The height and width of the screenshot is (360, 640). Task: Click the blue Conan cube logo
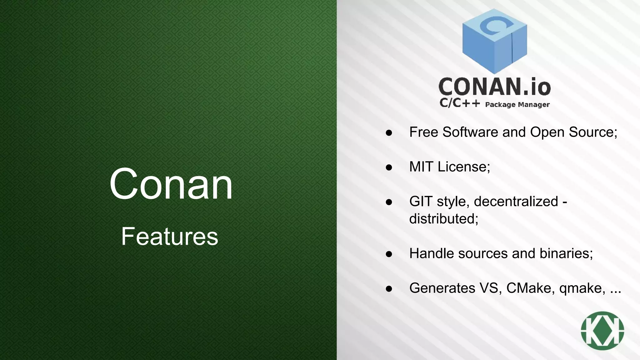coord(494,41)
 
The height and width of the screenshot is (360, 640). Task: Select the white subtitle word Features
coord(169,236)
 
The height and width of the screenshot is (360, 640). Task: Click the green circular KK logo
coord(602,331)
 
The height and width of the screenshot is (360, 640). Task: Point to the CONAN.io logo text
coord(494,87)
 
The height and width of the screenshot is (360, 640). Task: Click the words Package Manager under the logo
coord(517,105)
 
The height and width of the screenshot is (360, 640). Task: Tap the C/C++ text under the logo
coord(459,103)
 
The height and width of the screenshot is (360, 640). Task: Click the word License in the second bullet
coord(464,167)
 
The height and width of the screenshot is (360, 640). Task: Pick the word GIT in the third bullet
coord(421,201)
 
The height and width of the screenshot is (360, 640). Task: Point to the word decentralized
coord(516,201)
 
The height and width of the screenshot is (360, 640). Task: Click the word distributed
coord(444,219)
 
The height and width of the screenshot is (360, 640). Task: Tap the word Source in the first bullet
coord(593,132)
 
